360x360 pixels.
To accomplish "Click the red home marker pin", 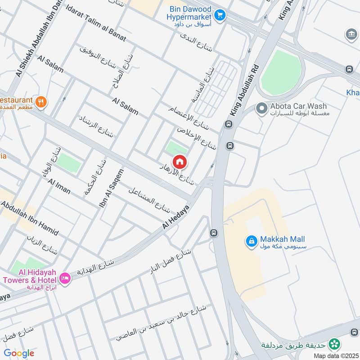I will pyautogui.click(x=180, y=162).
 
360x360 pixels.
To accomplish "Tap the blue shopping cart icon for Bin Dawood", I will pyautogui.click(x=220, y=16).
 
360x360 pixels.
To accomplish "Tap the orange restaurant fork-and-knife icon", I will pyautogui.click(x=41, y=102).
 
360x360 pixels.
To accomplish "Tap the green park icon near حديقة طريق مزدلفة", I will pyautogui.click(x=334, y=344).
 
